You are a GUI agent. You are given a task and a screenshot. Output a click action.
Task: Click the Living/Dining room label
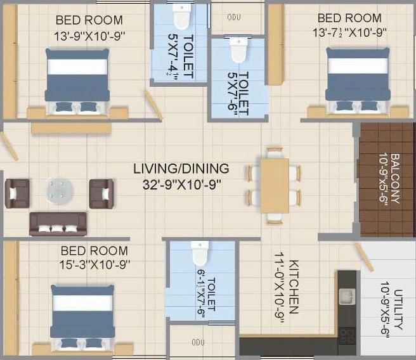181,169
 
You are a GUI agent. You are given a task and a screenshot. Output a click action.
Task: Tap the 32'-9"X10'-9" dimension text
182,184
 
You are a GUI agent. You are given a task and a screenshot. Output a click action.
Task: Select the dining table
275,186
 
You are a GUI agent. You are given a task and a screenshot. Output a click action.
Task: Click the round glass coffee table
60,191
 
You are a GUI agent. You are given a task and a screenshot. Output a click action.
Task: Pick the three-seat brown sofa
58,224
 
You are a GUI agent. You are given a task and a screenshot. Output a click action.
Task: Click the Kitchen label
294,286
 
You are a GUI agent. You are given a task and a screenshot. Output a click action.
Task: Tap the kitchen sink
347,297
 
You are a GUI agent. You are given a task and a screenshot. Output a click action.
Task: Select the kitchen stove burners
347,335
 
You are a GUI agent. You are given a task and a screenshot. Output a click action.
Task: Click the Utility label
398,309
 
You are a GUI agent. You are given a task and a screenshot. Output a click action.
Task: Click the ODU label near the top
234,17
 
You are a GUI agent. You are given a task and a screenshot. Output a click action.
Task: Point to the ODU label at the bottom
198,342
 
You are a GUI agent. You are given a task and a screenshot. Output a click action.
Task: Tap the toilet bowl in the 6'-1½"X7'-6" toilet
200,253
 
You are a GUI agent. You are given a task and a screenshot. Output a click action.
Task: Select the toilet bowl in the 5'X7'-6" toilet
239,50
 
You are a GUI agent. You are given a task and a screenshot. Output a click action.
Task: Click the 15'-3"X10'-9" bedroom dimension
94,264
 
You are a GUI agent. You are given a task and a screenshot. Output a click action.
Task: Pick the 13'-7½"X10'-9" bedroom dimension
349,33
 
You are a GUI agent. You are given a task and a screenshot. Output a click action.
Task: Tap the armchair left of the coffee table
17,193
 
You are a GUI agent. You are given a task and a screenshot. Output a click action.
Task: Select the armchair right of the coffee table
101,194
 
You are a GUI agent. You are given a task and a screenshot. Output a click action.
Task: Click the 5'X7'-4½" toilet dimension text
172,55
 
